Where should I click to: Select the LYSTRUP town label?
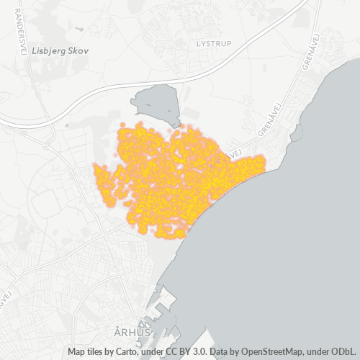click(x=212, y=43)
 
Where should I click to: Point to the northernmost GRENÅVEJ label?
click(x=310, y=55)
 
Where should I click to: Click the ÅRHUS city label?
click(x=132, y=332)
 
